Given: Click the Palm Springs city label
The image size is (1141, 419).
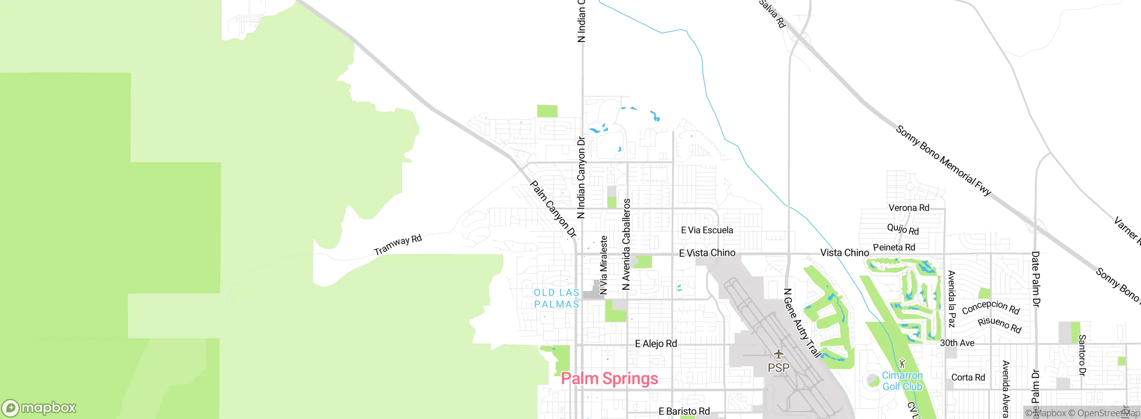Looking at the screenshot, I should [609, 378].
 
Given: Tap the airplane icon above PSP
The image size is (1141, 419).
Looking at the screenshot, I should [778, 354].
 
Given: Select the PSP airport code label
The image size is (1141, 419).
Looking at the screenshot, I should [778, 368].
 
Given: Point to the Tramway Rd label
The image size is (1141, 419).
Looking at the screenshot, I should [398, 245].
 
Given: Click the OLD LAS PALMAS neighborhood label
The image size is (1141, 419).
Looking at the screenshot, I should [557, 298].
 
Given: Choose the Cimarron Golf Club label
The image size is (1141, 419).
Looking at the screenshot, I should [902, 381].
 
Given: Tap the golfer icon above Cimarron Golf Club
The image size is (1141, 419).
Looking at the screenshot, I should [902, 363].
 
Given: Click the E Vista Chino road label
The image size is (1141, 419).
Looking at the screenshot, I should [707, 253].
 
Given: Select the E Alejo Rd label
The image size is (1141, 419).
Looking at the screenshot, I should [656, 344].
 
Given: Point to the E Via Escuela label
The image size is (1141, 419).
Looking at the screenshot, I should [707, 230].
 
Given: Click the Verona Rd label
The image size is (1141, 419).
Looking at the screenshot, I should [909, 208].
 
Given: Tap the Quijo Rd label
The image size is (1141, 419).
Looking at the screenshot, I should [903, 229].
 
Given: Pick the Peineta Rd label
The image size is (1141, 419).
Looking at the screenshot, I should [894, 247].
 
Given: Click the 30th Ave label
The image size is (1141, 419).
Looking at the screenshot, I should [957, 343].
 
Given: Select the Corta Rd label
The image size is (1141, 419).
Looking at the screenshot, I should [968, 378].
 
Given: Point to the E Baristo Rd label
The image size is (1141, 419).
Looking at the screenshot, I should [684, 411].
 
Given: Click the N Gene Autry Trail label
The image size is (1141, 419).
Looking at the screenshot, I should [802, 323].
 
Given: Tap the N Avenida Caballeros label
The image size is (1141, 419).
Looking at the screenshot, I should [626, 244].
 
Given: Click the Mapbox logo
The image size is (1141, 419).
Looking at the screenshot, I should [39, 408].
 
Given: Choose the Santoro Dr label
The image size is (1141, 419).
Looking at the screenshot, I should [1082, 355].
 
